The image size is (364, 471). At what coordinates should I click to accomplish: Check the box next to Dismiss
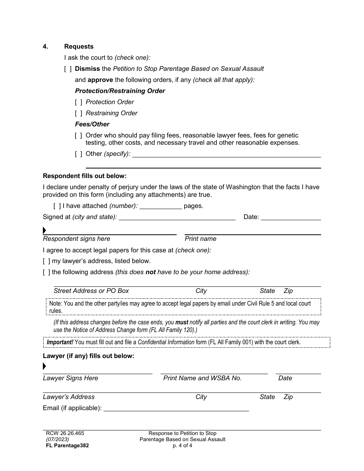(68, 69)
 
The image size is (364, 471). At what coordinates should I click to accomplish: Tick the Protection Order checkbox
(79, 102)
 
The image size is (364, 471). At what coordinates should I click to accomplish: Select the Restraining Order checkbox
(79, 113)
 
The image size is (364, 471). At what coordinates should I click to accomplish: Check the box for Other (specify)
(79, 154)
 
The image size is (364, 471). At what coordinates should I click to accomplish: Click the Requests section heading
(79, 47)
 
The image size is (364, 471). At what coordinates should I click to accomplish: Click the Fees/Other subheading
(92, 124)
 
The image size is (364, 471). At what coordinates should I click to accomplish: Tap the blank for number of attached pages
(161, 206)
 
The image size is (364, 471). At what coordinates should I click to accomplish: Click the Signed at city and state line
(177, 218)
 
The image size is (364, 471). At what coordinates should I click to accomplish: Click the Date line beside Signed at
(290, 218)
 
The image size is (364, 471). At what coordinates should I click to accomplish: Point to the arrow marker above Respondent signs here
(44, 231)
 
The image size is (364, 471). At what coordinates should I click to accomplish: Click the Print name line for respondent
(253, 232)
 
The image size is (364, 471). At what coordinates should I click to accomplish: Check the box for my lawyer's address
(46, 261)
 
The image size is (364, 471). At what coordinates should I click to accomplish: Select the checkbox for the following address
(46, 272)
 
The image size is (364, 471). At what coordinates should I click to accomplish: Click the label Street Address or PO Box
(91, 291)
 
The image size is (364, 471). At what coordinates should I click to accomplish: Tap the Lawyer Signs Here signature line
(97, 371)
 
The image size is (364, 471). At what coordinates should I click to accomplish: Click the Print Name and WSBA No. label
(202, 378)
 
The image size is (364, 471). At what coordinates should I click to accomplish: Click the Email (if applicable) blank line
(176, 408)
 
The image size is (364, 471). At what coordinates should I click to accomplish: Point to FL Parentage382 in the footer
(67, 446)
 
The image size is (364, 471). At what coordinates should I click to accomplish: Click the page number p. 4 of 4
(182, 446)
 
